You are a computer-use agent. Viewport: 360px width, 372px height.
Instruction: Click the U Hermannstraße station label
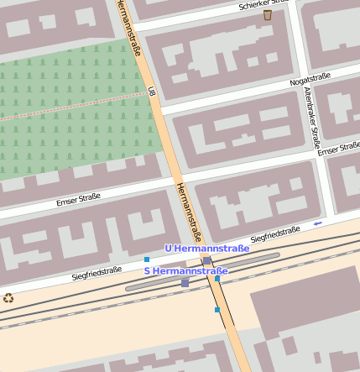point(206,249)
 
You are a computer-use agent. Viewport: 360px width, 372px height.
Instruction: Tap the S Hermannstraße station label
point(186,271)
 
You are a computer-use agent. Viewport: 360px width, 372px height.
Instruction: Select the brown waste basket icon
point(268,14)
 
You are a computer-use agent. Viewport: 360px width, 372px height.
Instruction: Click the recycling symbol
point(8,297)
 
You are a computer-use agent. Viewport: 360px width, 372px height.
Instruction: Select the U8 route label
point(152,90)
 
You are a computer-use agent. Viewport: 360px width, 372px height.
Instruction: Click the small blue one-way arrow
point(317,223)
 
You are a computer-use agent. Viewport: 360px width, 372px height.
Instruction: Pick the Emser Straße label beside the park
point(78,199)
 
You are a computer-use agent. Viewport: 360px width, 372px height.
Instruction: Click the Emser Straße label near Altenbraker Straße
point(338,149)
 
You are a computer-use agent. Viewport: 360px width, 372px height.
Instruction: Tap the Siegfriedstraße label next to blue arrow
point(275,233)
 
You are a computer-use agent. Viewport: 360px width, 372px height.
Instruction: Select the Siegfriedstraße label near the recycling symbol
point(97,272)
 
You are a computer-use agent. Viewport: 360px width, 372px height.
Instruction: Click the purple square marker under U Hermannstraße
point(207,261)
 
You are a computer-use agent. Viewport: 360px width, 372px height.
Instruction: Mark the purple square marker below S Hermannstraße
point(185,283)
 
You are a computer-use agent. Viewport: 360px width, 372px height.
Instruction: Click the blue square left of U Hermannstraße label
point(147,259)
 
